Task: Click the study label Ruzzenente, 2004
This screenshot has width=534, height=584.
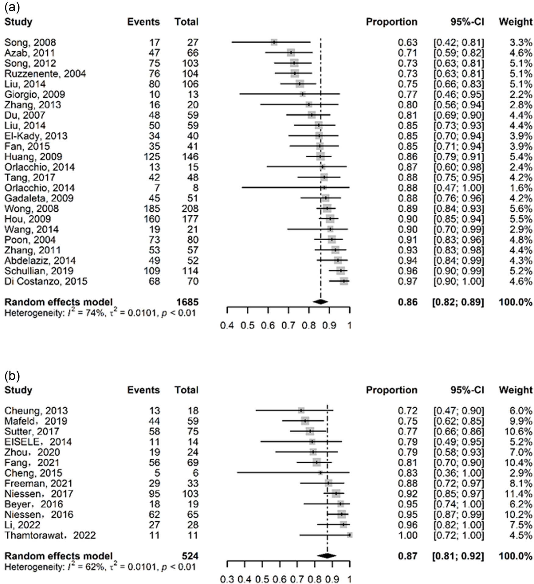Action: pyautogui.click(x=45, y=74)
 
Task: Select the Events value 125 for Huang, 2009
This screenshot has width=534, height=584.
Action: pyautogui.click(x=152, y=157)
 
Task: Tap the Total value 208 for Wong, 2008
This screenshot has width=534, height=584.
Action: pyautogui.click(x=190, y=209)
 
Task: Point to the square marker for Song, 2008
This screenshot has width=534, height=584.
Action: pyautogui.click(x=274, y=42)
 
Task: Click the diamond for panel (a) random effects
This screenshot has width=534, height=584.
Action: pyautogui.click(x=320, y=302)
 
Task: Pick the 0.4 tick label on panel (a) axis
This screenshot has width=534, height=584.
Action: pyautogui.click(x=227, y=326)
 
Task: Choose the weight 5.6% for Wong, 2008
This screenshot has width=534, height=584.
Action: pyautogui.click(x=521, y=209)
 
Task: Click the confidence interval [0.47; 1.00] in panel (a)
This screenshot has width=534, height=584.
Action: pyautogui.click(x=458, y=188)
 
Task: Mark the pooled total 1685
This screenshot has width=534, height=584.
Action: pyautogui.click(x=187, y=302)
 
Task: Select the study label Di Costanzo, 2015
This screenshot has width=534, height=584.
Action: pyautogui.click(x=46, y=281)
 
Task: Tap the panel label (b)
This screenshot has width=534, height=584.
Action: pyautogui.click(x=12, y=376)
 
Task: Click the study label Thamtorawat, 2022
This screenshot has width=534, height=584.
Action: pyautogui.click(x=50, y=535)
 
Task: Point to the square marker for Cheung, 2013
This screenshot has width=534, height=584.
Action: pyautogui.click(x=301, y=410)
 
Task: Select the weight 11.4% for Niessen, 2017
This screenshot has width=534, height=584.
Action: pyautogui.click(x=518, y=494)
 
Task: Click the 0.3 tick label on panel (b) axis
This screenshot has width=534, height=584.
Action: pyautogui.click(x=227, y=579)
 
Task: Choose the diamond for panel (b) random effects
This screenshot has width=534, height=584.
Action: pyautogui.click(x=327, y=556)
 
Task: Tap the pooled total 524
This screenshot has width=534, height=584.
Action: pyautogui.click(x=190, y=556)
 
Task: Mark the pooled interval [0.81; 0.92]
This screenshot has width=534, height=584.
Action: pyautogui.click(x=458, y=556)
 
